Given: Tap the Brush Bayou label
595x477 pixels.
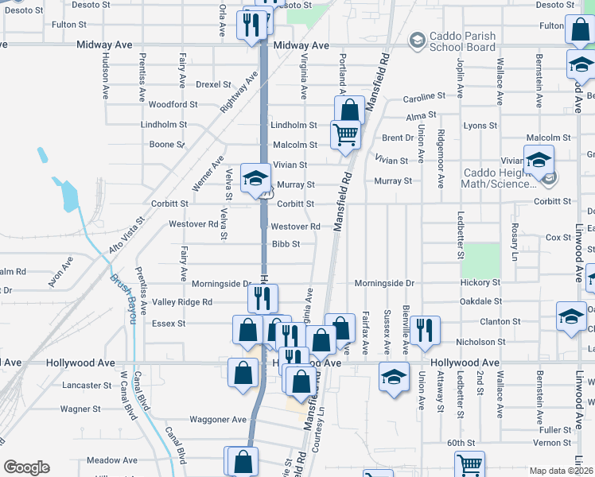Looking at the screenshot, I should click(121, 292).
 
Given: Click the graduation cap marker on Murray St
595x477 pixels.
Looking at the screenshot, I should click(255, 178).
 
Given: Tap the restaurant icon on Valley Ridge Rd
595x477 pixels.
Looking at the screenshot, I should click(262, 299).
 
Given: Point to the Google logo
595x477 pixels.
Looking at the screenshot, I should click(27, 467).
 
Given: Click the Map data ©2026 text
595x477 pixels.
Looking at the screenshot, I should click(561, 471).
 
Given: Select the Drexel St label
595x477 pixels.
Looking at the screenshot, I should click(213, 83).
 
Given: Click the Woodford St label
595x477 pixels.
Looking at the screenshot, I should click(173, 104).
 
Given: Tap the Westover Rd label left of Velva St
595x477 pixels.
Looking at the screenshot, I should click(193, 224).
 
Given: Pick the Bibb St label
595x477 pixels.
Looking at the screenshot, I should click(286, 244).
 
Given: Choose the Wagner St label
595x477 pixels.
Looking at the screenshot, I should click(80, 409).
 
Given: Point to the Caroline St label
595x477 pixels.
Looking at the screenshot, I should click(424, 96).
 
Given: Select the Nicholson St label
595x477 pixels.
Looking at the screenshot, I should click(497, 342).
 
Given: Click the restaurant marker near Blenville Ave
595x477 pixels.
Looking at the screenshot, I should click(426, 330).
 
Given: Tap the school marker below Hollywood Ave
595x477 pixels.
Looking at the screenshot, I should click(394, 377).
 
